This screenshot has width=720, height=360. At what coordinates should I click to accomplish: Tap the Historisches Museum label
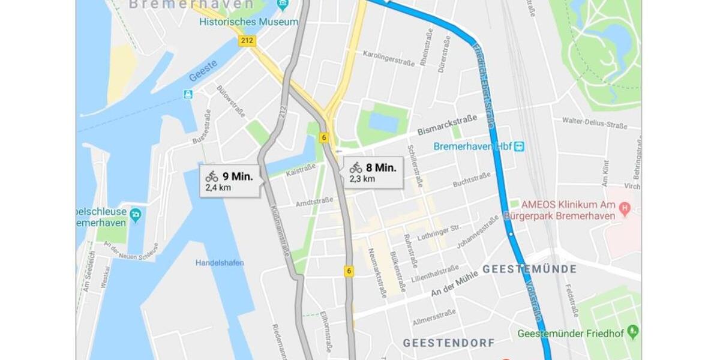tap(248, 22)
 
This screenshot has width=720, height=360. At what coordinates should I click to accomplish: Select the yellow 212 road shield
tap(247, 41)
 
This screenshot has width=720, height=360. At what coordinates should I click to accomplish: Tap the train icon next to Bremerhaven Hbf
tap(519, 146)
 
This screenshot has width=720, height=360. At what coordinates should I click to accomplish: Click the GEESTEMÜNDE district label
tap(529, 269)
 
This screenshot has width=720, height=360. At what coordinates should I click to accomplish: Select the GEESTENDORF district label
tap(449, 343)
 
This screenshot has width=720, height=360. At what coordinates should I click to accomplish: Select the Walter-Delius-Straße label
tap(594, 122)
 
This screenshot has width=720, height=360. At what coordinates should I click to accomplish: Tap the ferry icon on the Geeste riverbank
tap(188, 94)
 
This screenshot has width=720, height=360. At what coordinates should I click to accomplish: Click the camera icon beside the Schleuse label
tap(136, 213)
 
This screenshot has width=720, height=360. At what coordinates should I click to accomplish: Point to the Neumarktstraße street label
tap(376, 273)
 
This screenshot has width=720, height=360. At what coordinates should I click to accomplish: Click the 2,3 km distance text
tap(362, 178)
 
